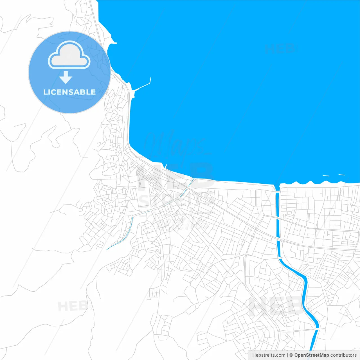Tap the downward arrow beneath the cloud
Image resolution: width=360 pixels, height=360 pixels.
click(x=66, y=77)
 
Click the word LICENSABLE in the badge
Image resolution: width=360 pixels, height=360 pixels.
click(x=69, y=92)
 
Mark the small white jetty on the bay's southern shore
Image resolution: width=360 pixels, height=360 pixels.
click(x=165, y=166)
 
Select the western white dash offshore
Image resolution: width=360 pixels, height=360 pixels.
click(x=326, y=176)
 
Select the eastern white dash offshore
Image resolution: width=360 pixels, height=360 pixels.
click(x=342, y=175)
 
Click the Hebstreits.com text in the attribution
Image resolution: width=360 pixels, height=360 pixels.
click(x=269, y=355)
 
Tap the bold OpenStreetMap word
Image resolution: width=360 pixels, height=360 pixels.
click(x=312, y=355)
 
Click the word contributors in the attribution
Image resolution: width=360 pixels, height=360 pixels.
click(x=343, y=355)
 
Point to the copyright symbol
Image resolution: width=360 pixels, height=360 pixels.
click(x=291, y=355)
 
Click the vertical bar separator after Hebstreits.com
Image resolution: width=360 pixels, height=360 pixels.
click(x=287, y=355)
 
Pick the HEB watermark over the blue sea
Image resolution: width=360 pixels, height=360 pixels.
click(x=280, y=49)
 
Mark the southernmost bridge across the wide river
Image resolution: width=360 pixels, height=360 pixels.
click(x=317, y=329)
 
